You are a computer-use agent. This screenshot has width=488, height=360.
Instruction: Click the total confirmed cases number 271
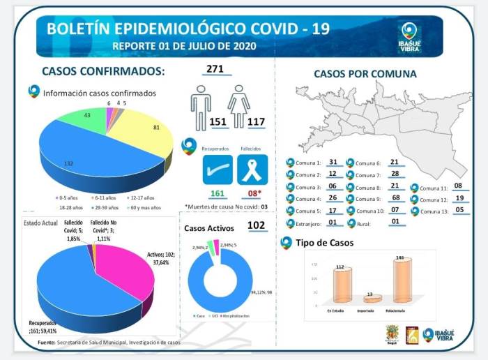214,69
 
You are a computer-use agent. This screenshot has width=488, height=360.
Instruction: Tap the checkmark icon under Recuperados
217,170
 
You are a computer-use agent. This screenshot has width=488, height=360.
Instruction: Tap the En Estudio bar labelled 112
342,285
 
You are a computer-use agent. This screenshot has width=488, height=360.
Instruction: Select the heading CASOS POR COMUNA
365,74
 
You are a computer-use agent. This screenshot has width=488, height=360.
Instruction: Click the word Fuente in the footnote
47,342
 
